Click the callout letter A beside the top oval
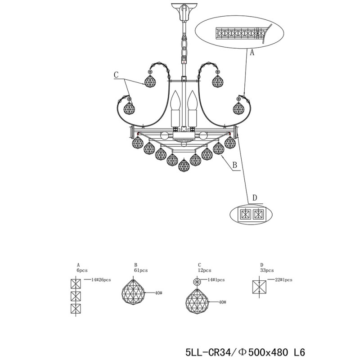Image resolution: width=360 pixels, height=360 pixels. [252, 52]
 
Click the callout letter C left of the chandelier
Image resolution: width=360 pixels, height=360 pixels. [116, 76]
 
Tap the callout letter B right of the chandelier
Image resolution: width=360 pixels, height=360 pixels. [234, 166]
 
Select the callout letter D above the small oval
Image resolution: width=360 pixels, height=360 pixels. [254, 198]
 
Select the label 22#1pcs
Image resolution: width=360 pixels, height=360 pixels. [282, 280]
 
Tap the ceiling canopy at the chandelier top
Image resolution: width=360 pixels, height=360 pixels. [184, 12]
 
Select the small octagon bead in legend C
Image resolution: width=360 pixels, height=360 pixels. [196, 280]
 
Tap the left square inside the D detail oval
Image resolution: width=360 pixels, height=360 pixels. [246, 214]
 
